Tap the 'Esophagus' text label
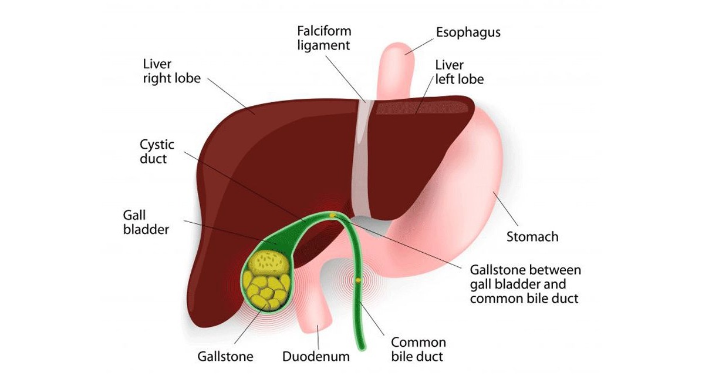(x=468, y=32)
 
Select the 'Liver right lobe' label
(x=171, y=71)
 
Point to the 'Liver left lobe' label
(x=459, y=72)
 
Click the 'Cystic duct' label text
(x=157, y=151)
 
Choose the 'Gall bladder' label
(x=146, y=222)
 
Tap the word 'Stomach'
(x=532, y=237)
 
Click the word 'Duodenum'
(x=316, y=356)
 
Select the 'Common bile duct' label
(x=418, y=349)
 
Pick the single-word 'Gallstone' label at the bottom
(x=225, y=356)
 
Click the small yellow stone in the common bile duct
(x=358, y=280)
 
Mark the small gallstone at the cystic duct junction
(x=333, y=215)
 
